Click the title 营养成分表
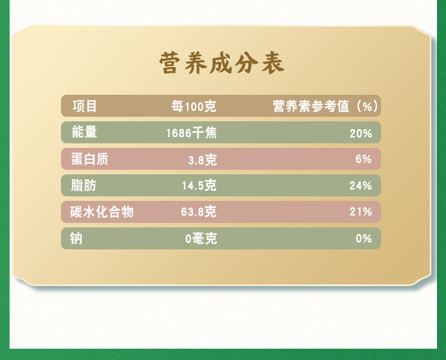coord(222,63)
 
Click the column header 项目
coord(85,106)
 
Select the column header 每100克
coord(194,106)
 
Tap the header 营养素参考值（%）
coord(325,106)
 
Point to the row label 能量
coord(85,132)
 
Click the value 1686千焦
coord(191,133)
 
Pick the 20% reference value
coord(361,133)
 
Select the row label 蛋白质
coord(90,159)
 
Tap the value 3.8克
coord(203,160)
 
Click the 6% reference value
coord(364,159)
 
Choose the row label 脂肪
coord(84,186)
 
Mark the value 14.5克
coord(199,186)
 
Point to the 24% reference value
coord(361,186)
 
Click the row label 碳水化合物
coord(102,212)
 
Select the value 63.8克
coord(199,212)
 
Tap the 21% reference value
coord(361,212)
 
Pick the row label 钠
coord(76,238)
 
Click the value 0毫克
coord(201,238)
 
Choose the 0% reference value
coord(364,238)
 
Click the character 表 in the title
coord(273,63)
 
